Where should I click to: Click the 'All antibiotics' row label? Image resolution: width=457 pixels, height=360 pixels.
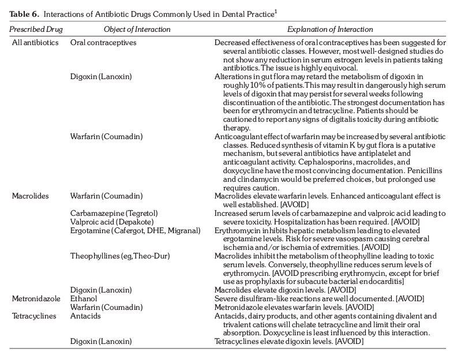tap(36, 43)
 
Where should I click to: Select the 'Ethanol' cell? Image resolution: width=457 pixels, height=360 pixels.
tap(84, 298)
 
